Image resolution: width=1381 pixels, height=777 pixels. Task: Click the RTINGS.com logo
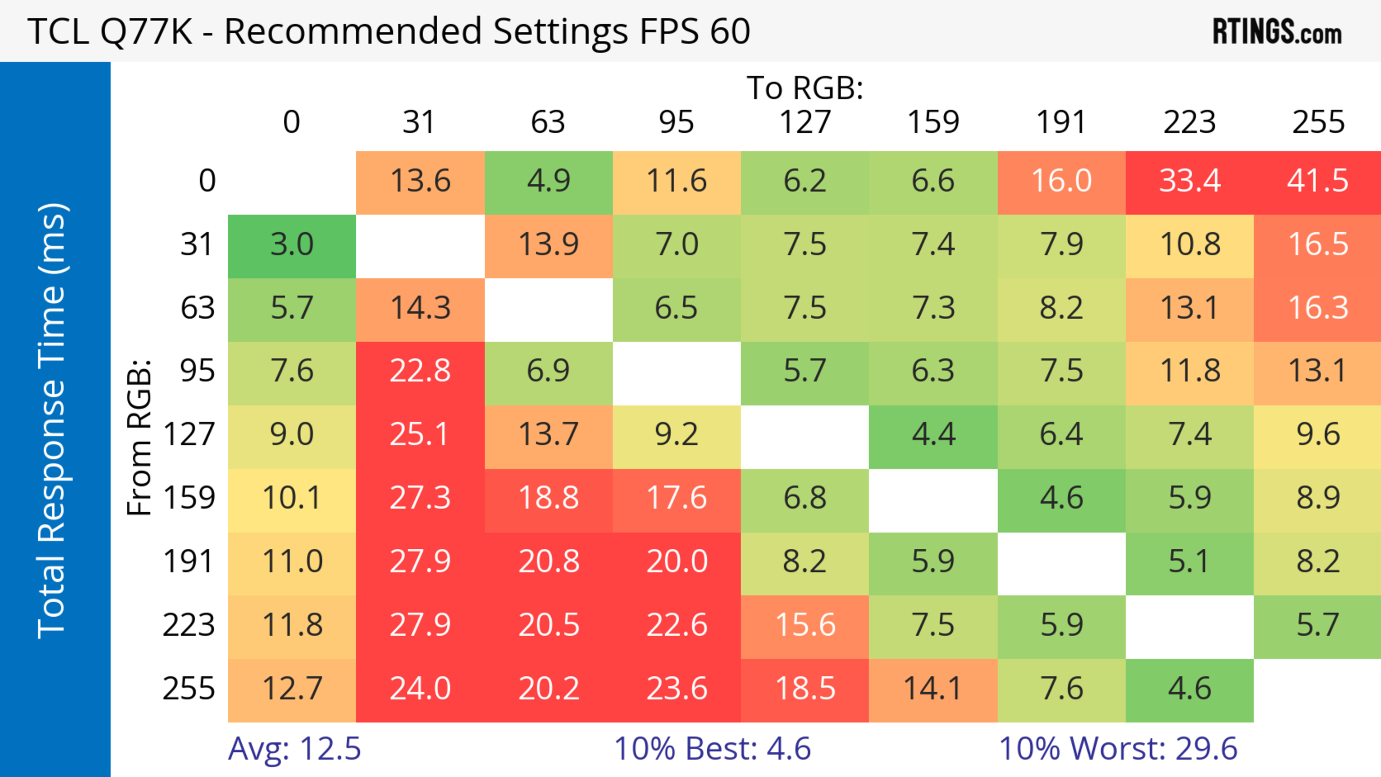[1277, 32]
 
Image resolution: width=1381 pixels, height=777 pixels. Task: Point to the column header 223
[1190, 123]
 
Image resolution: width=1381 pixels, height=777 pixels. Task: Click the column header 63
[548, 123]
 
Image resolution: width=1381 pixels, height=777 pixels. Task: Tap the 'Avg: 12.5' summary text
[294, 749]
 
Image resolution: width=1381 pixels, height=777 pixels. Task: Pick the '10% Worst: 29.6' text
[1118, 749]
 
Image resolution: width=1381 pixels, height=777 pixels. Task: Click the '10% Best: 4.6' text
[712, 749]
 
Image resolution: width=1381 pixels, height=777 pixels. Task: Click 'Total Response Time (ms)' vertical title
[53, 421]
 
